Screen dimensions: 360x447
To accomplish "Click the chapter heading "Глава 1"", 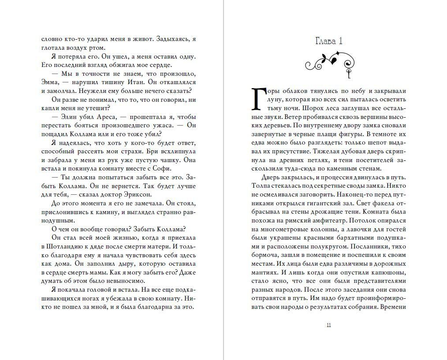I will [329, 41].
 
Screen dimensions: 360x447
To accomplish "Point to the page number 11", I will [329, 325].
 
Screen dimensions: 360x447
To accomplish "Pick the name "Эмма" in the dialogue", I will [49, 82].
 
